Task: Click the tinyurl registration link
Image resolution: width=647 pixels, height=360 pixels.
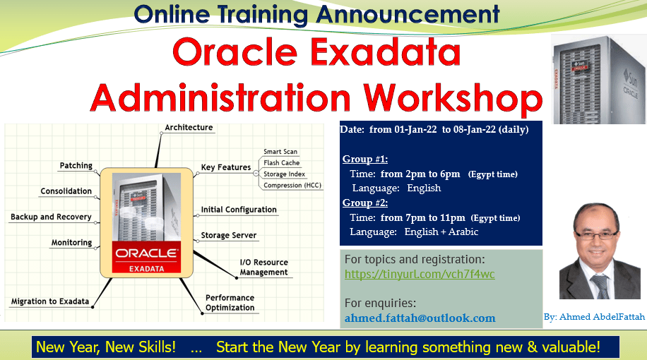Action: click(x=420, y=274)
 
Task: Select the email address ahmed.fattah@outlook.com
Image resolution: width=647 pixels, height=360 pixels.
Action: click(x=420, y=318)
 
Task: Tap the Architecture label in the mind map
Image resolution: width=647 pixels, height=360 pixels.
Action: click(x=189, y=128)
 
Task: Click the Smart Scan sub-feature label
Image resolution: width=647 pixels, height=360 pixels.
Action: click(x=280, y=152)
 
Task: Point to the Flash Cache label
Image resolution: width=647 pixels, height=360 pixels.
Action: click(x=281, y=163)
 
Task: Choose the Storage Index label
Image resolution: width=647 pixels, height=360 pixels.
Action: click(x=285, y=174)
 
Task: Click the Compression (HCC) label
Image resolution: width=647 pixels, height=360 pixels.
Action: click(x=292, y=185)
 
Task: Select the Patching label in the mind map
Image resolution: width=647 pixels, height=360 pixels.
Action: click(x=76, y=165)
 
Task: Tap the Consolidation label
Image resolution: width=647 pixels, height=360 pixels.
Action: click(x=66, y=191)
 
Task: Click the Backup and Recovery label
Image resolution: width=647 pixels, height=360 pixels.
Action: click(x=51, y=217)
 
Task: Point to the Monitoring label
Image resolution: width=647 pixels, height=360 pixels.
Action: click(x=71, y=243)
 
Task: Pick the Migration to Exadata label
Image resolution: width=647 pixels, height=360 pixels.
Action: click(x=50, y=301)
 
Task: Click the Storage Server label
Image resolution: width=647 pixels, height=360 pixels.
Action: click(x=229, y=235)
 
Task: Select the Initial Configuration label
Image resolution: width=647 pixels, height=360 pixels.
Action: click(x=239, y=210)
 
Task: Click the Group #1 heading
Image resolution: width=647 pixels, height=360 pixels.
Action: click(x=364, y=159)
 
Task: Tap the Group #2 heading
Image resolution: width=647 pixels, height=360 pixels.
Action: click(x=364, y=203)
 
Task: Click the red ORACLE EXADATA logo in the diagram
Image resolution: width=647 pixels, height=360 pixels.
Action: click(x=146, y=258)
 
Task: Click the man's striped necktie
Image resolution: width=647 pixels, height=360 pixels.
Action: click(x=600, y=286)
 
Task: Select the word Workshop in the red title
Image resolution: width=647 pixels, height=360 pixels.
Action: click(x=453, y=98)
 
